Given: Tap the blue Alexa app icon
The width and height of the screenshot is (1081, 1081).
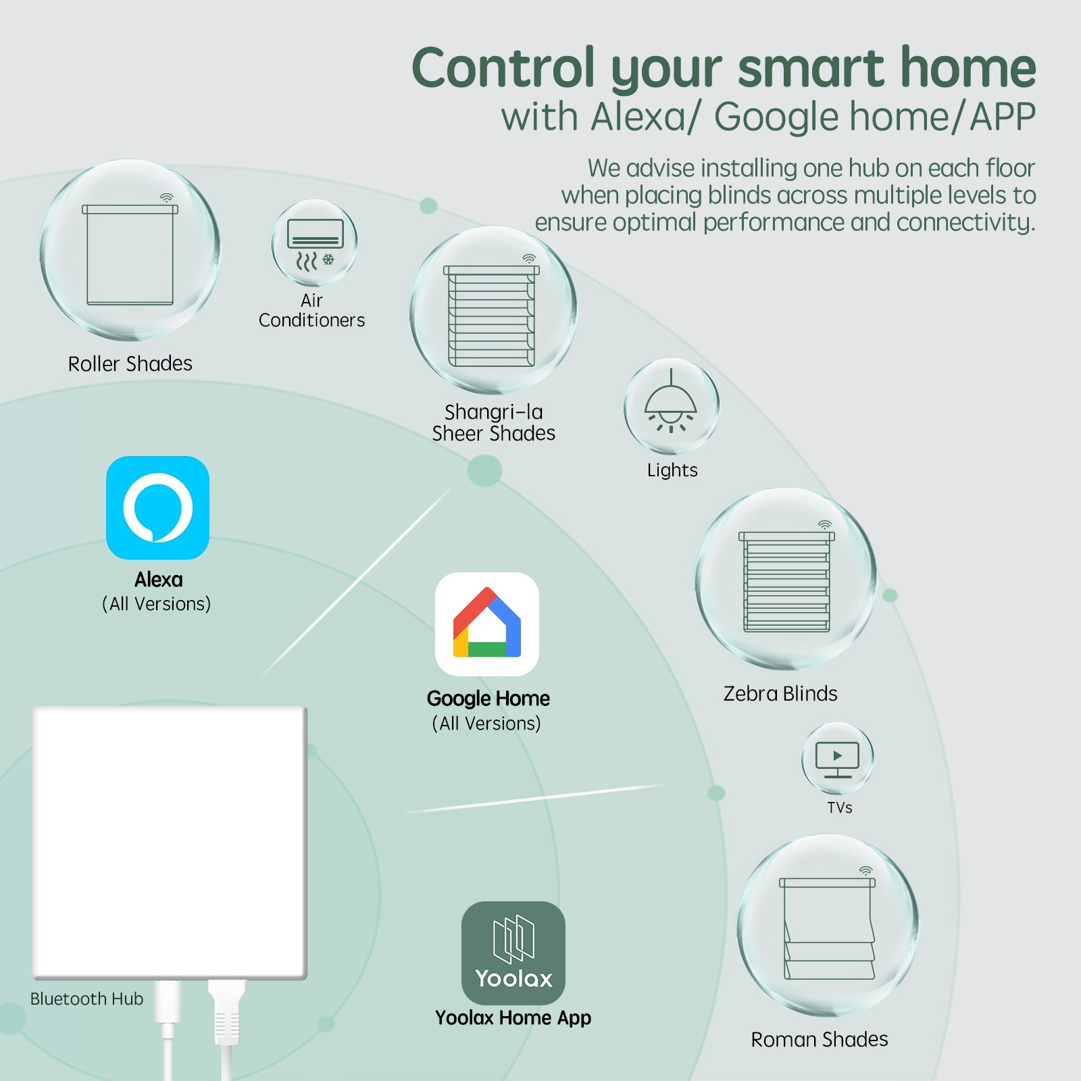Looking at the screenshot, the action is (x=157, y=507).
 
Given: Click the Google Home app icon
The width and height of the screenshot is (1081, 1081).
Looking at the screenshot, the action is (x=487, y=624).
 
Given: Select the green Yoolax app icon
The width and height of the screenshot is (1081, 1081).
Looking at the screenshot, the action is (x=513, y=953).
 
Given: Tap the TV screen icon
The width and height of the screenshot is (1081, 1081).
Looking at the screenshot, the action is (x=838, y=759).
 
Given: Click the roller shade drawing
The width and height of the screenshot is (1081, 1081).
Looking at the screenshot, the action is (x=130, y=255).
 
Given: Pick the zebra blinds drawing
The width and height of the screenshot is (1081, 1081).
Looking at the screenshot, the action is (x=786, y=582).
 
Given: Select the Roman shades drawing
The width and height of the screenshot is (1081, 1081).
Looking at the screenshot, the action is (x=828, y=928).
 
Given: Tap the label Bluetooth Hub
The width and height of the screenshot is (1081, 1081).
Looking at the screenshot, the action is (x=86, y=999).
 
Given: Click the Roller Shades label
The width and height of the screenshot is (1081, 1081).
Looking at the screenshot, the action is (x=130, y=363).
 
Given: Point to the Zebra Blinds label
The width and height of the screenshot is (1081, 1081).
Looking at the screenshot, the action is (x=780, y=693).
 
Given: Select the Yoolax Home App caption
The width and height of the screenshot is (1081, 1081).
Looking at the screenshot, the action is (x=513, y=1017).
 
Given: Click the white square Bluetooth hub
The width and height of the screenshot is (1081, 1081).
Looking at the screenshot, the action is (x=170, y=843).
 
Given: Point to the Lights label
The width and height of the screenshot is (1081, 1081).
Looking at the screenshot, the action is (x=672, y=470).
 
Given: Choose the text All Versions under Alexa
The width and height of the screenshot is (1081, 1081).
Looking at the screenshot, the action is (x=157, y=603).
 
